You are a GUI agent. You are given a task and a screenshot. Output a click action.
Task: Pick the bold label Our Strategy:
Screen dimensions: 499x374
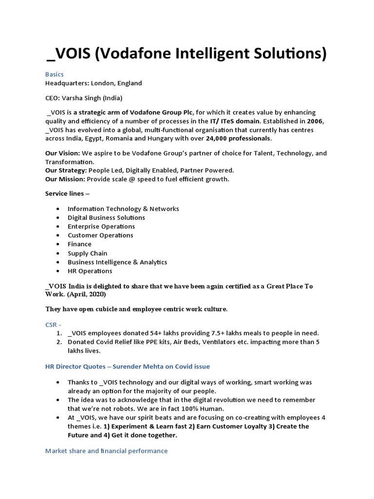[66, 171]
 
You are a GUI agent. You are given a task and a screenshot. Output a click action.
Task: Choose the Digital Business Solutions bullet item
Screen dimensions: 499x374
[106, 218]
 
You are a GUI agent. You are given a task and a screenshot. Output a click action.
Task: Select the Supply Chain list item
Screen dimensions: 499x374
[88, 253]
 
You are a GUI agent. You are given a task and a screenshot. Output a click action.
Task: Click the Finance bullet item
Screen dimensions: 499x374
[79, 244]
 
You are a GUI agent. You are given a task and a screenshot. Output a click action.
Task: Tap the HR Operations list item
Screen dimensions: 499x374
[90, 271]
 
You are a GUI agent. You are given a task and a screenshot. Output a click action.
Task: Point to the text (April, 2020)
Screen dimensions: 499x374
[88, 295]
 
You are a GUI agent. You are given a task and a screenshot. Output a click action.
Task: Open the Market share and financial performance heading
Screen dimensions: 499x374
[106, 451]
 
